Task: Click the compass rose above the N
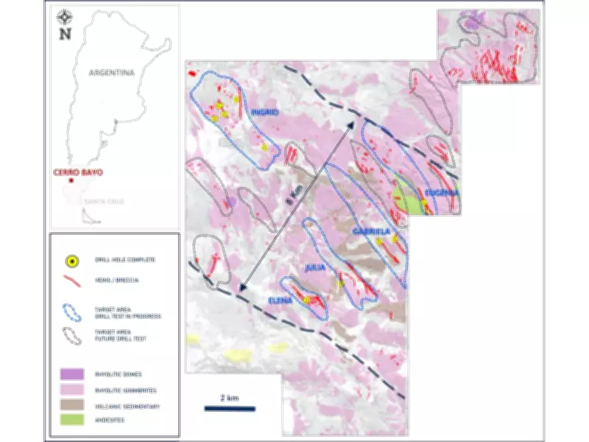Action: (66, 15)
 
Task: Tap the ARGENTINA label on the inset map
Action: (110, 72)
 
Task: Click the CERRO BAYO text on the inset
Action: (77, 172)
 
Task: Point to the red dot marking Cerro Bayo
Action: (71, 180)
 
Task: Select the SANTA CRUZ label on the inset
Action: (100, 200)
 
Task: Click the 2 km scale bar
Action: (229, 407)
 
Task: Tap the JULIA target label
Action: (316, 270)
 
